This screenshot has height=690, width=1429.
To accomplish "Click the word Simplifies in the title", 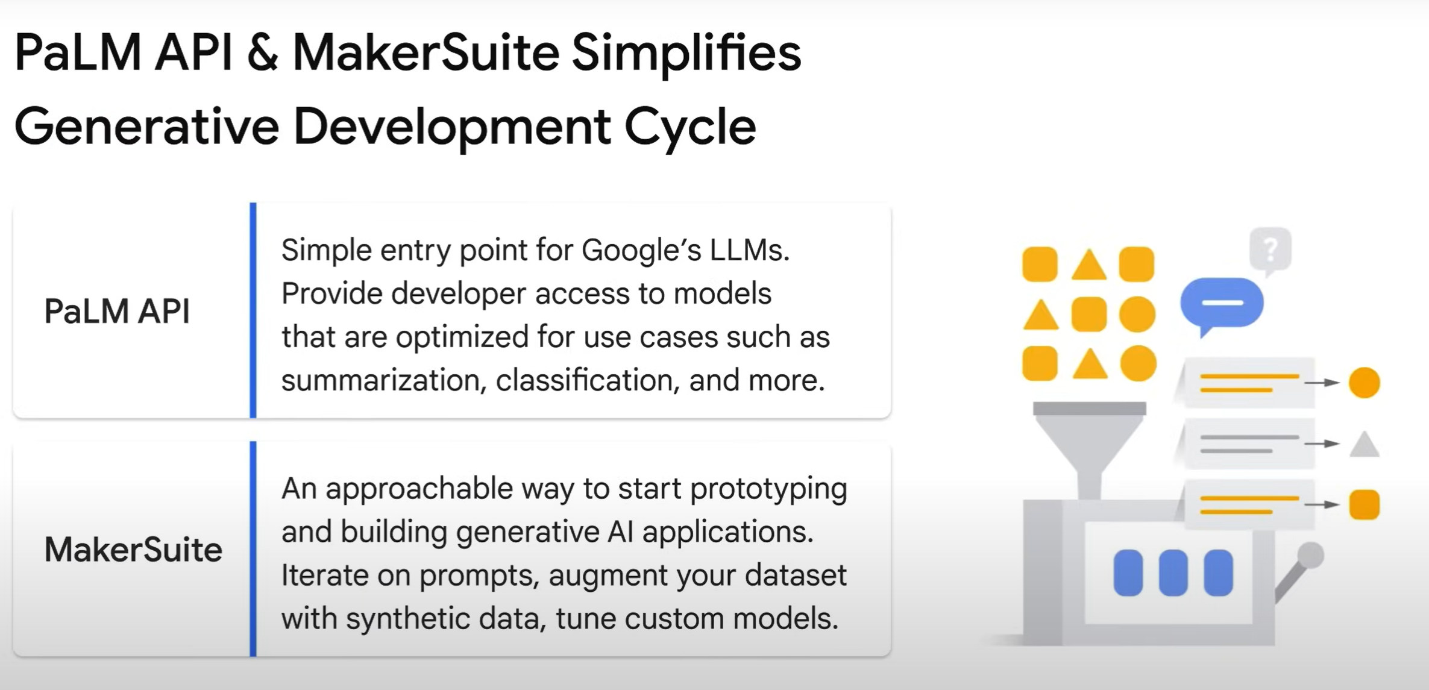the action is click(686, 54).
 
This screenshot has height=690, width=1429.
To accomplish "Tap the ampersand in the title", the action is click(263, 53).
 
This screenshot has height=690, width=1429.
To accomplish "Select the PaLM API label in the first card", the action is click(117, 312).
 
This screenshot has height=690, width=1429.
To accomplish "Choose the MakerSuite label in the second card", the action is click(133, 550).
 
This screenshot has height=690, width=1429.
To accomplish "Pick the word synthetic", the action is click(446, 619).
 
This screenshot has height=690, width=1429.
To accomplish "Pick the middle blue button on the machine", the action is click(1173, 572).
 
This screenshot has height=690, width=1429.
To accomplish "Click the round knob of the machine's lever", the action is click(1310, 555).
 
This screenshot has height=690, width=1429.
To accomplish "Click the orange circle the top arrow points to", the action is click(1365, 383).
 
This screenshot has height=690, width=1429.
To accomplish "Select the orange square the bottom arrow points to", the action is click(1365, 504).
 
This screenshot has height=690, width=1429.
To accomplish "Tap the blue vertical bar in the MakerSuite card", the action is click(253, 548).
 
